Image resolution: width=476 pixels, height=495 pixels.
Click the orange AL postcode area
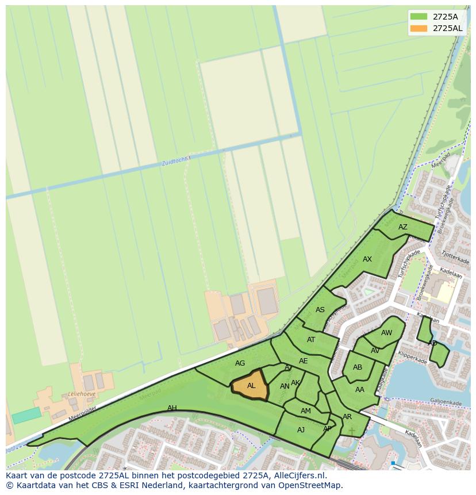pos(251,386)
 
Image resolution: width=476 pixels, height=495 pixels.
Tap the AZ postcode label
pos(403,227)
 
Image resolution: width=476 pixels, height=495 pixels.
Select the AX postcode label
pos(367,259)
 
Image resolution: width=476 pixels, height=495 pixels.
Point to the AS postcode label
pos(320,310)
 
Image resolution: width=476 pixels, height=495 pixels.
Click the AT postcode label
pos(311,340)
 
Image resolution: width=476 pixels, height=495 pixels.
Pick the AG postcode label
pos(240,363)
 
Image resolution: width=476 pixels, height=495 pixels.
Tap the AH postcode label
pos(172,408)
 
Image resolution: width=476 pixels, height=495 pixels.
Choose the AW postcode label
pos(387,333)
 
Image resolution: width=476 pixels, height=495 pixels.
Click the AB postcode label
pos(358,367)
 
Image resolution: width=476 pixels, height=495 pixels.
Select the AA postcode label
pos(360,390)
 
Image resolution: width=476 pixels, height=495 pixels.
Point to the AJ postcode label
pos(301,430)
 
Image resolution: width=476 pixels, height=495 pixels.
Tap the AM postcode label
pos(306,411)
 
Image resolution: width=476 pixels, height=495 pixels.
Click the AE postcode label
pos(304,361)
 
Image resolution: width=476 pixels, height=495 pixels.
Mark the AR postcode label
pos(347,417)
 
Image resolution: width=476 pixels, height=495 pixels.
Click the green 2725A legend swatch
pos(418,16)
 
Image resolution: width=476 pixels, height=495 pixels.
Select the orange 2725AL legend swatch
pos(418,28)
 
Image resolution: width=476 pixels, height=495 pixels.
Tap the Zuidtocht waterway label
pos(175,162)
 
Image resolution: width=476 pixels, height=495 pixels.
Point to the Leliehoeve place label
pos(81,395)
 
